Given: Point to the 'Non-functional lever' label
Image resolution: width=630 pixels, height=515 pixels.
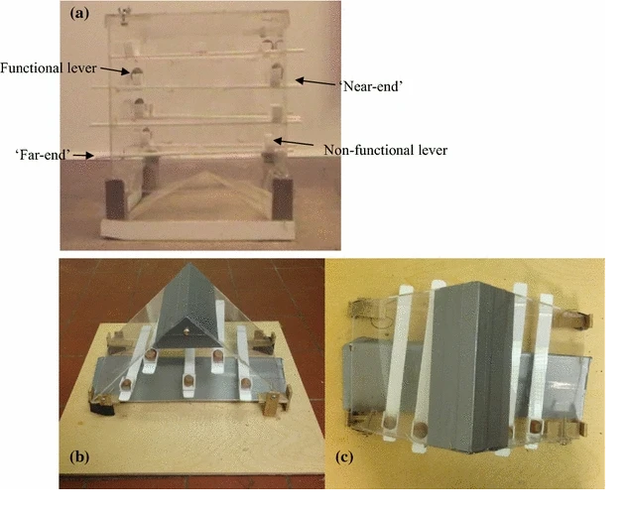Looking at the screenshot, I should [386, 150].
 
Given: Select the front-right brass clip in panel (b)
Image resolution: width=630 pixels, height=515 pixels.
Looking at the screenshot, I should [270, 406].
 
